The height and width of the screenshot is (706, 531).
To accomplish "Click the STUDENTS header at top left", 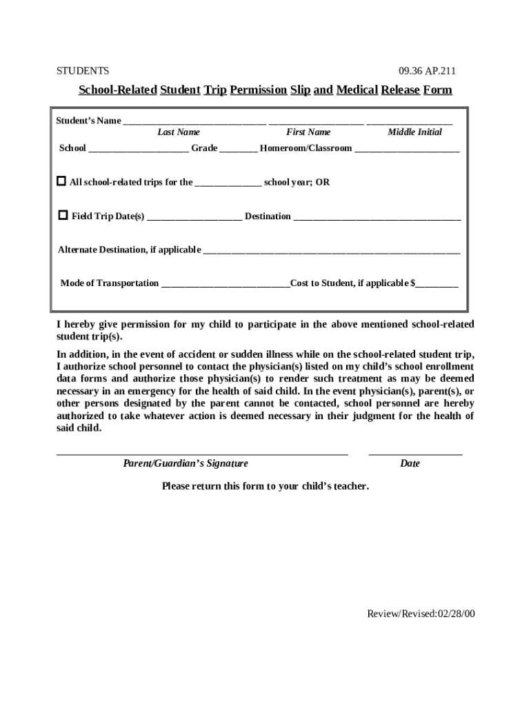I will [x=82, y=70].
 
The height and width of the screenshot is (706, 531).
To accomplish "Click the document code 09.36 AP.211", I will [x=427, y=70].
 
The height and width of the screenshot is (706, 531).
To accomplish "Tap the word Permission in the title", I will [x=259, y=90].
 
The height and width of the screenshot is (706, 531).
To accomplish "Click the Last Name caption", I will [x=179, y=132].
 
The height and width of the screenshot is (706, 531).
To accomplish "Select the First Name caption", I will [x=308, y=132].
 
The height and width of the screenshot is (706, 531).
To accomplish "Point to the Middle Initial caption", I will [x=414, y=132].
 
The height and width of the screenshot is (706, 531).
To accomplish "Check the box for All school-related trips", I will [x=61, y=181].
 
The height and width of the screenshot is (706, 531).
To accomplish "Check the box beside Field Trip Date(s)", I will [x=63, y=215].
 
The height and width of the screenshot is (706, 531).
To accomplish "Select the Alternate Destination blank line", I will [x=331, y=251].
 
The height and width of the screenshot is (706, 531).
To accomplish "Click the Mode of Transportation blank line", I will [x=225, y=285].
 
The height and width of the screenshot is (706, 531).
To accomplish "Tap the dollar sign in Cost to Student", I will [x=413, y=283].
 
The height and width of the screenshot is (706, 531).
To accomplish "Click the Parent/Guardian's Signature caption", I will [x=186, y=463].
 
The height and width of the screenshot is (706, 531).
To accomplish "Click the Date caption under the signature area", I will [x=410, y=463].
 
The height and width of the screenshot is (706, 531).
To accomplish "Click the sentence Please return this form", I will [x=265, y=486].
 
